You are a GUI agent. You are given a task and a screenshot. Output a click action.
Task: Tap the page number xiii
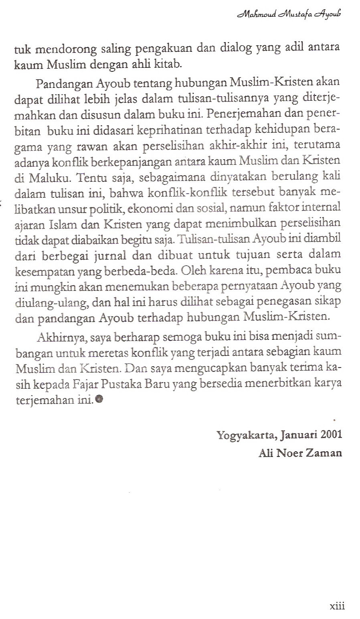(337, 605)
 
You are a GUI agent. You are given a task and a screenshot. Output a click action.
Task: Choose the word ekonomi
(152, 208)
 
